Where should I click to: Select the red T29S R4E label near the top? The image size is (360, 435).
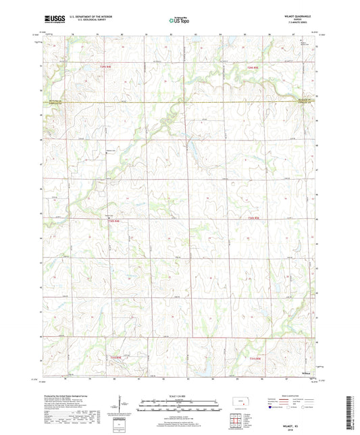pyautogui.click(x=104, y=67)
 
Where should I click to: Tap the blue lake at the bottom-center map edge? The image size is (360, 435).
pyautogui.click(x=201, y=372)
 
